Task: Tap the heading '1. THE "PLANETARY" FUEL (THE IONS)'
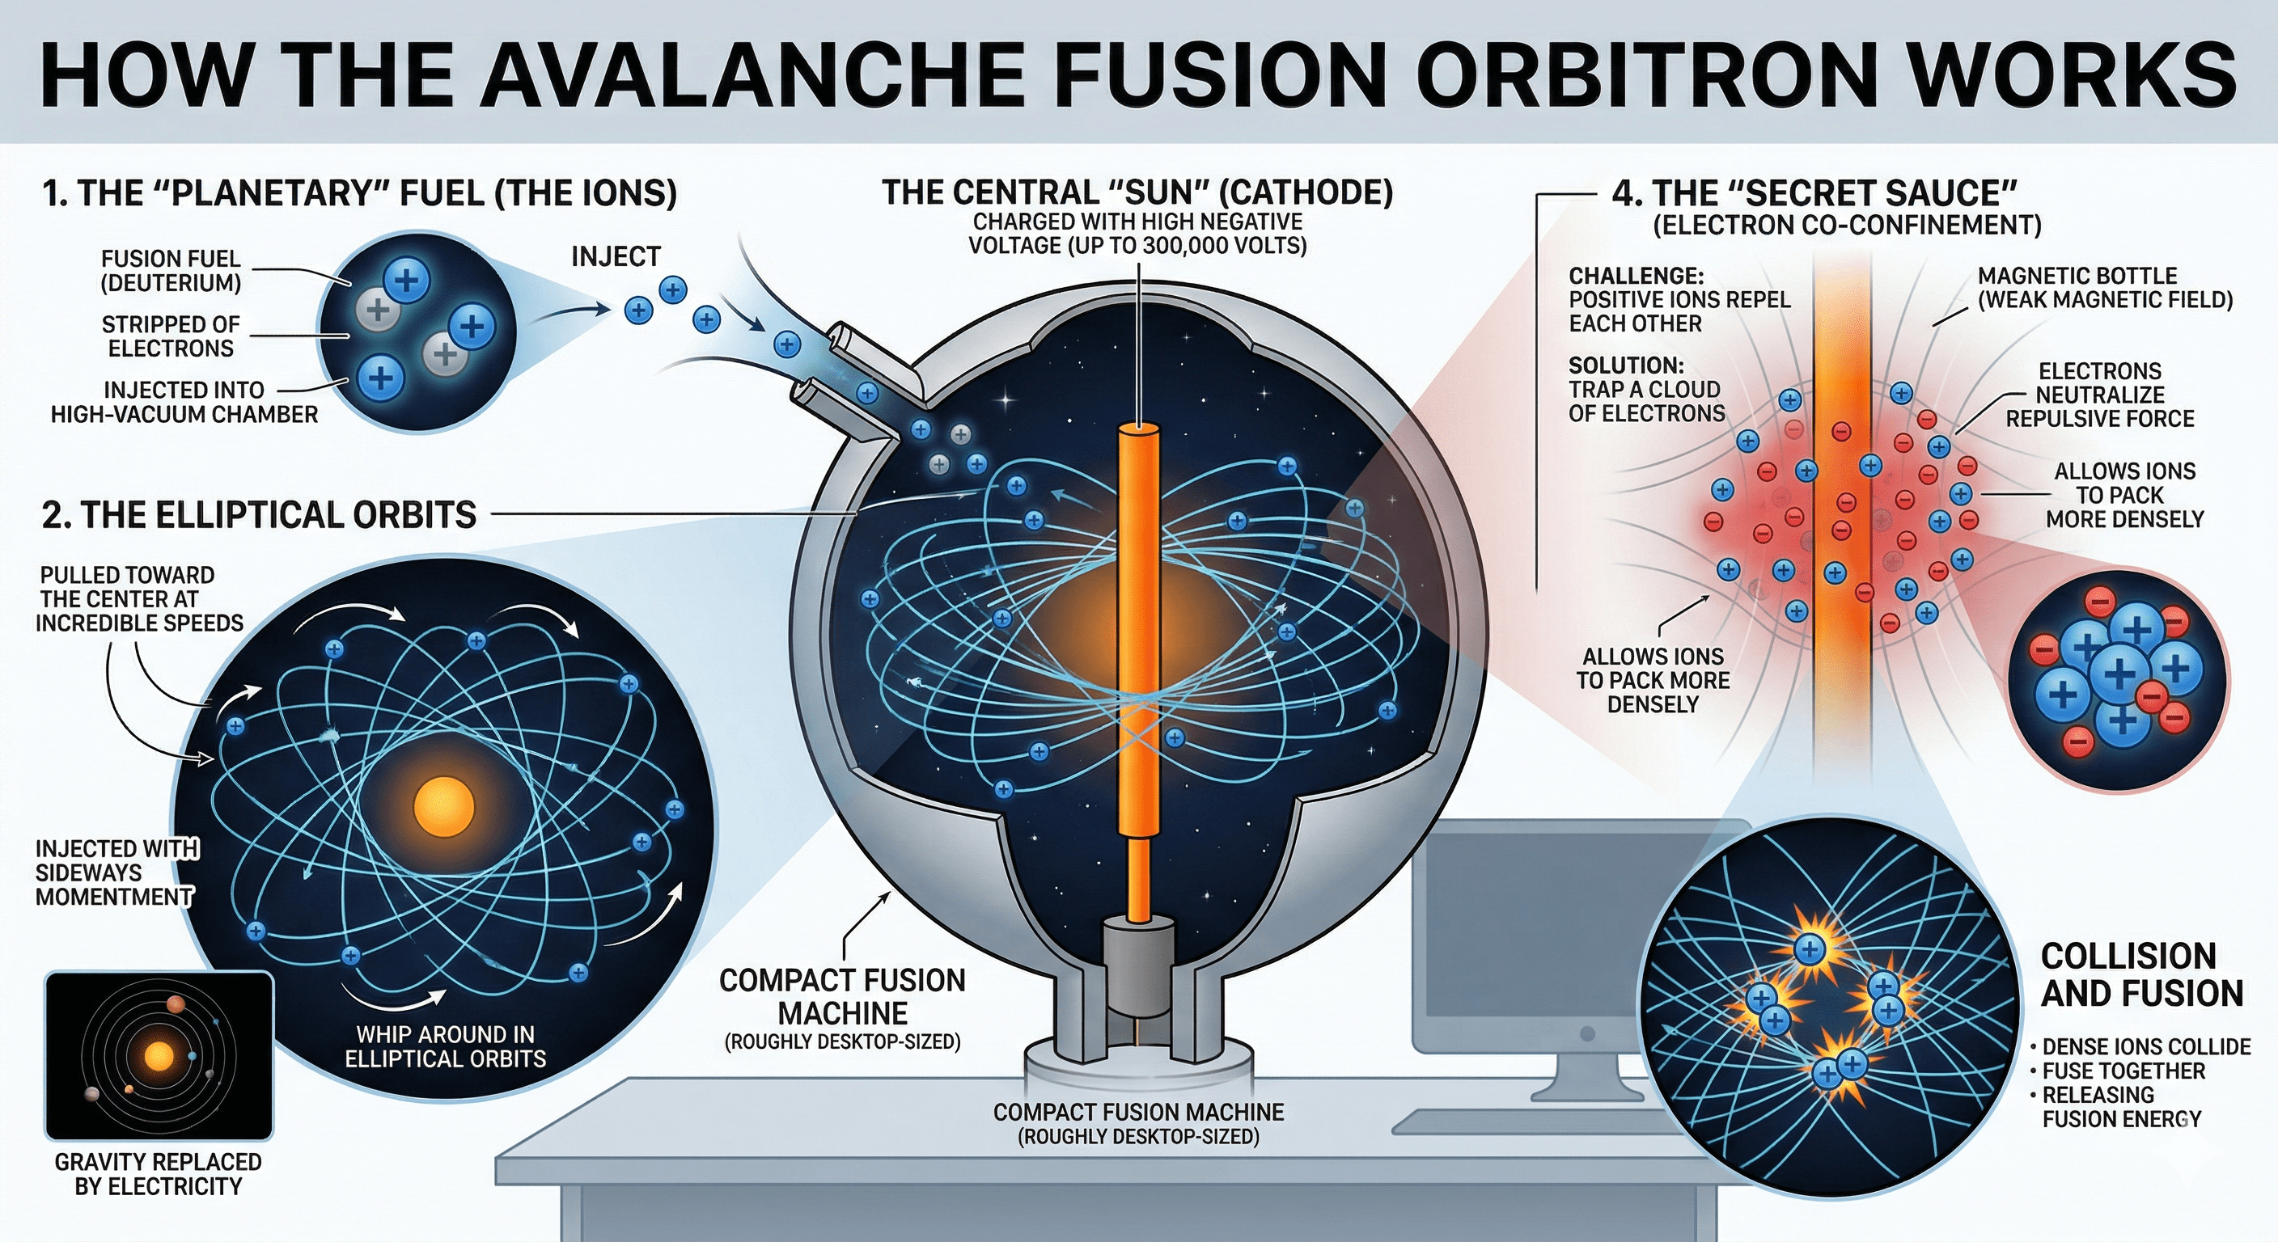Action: (360, 192)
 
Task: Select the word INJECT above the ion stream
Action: (616, 256)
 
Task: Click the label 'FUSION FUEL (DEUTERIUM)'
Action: (171, 271)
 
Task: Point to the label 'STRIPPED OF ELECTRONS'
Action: (171, 336)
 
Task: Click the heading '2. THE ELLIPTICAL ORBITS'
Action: (259, 514)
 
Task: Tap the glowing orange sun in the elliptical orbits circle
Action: (444, 806)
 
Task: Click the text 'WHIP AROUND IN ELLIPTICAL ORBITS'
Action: (446, 1046)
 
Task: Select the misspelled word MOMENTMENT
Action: (114, 897)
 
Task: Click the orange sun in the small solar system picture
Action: (159, 1055)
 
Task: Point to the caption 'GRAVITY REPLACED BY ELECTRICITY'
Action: (159, 1174)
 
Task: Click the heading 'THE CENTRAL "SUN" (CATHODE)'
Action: (1137, 192)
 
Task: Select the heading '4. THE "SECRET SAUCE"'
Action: (1814, 192)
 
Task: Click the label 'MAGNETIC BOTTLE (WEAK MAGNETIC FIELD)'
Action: (2105, 287)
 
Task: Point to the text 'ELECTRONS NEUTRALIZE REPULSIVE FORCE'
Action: (2099, 395)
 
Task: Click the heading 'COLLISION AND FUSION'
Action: (2142, 975)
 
